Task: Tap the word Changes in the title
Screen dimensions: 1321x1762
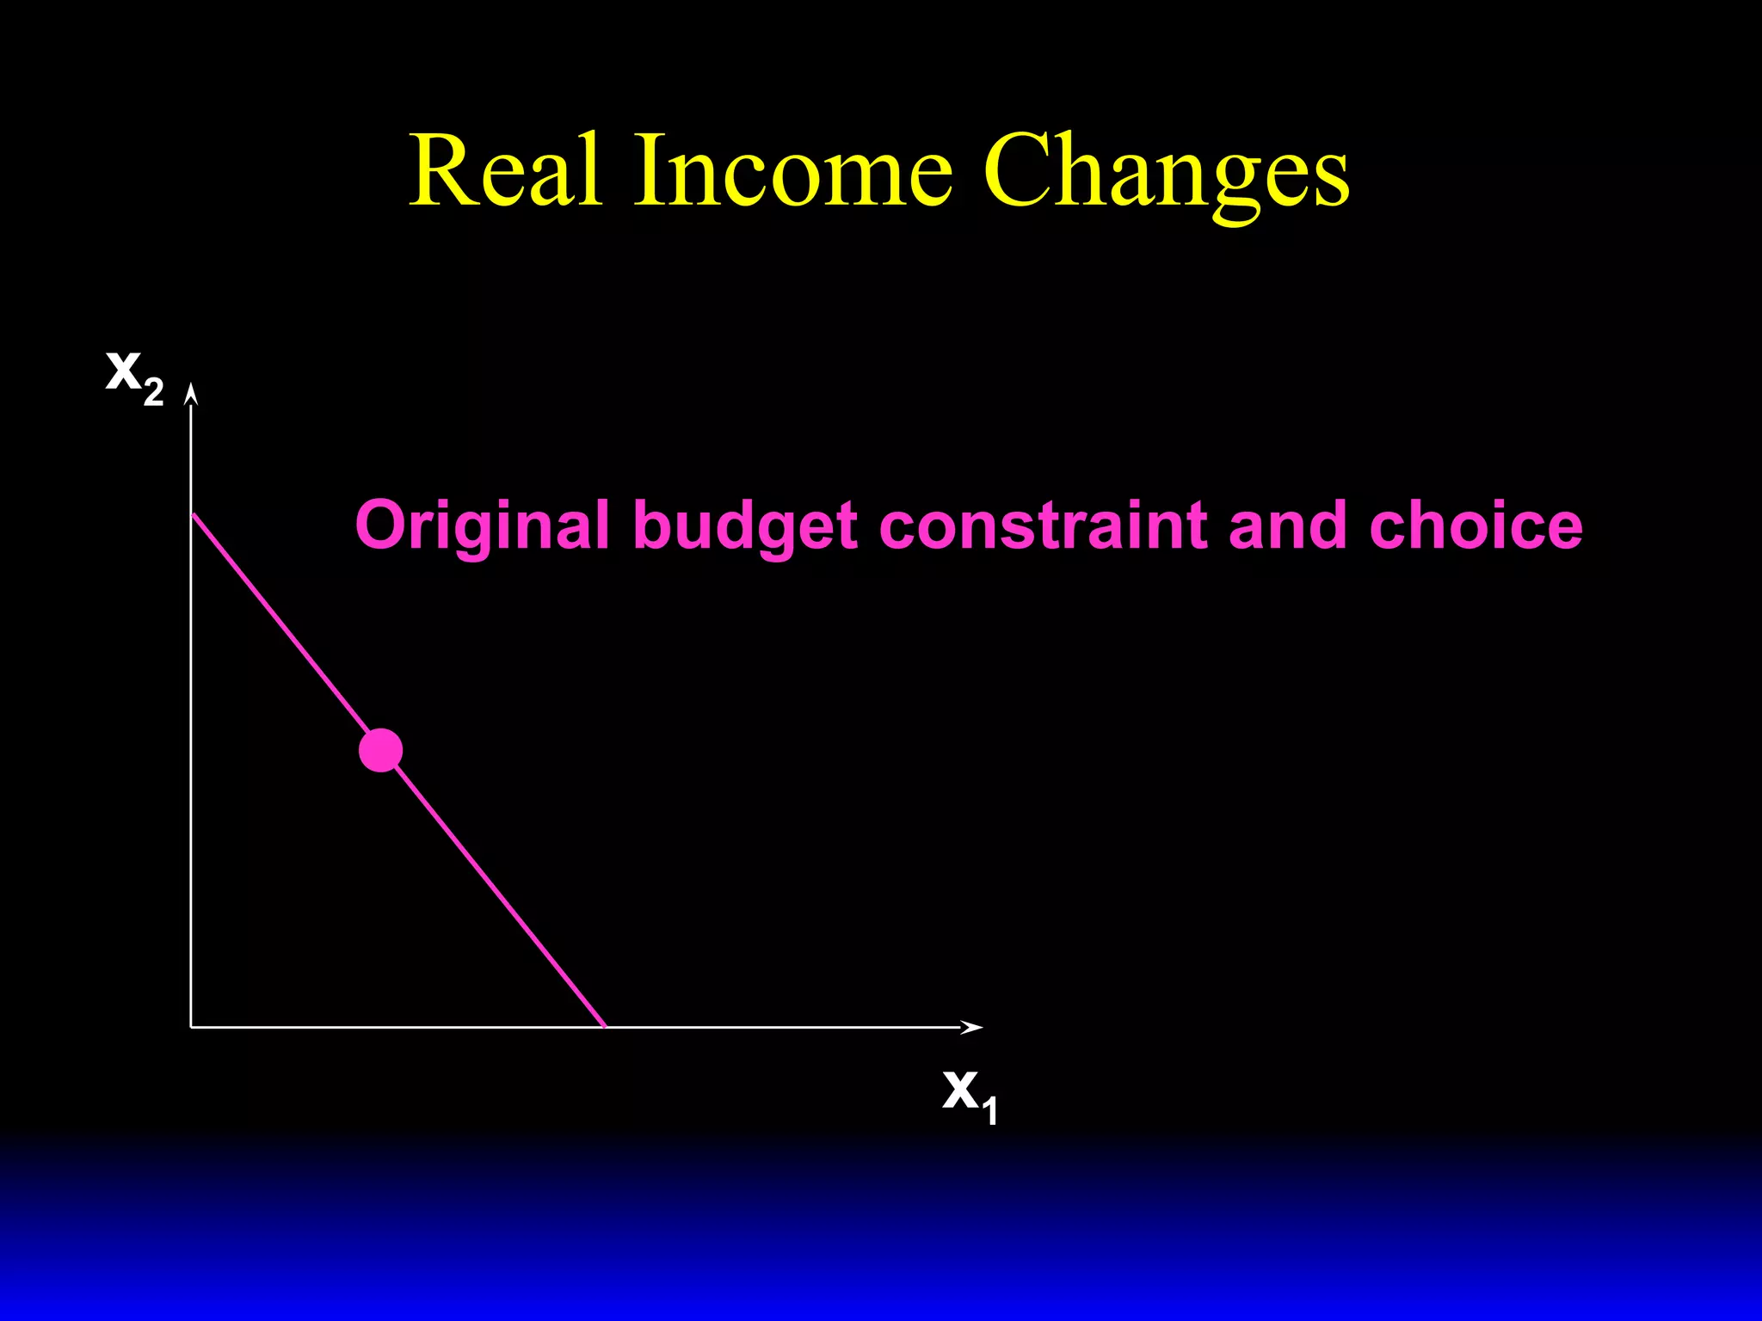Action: pos(1166,172)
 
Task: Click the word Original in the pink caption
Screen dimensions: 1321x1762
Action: pos(483,526)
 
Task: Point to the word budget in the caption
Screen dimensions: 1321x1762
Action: pos(745,526)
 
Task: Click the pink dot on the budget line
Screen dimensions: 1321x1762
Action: pos(380,750)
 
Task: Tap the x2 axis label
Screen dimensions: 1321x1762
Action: pos(133,377)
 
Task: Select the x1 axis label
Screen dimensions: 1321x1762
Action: pos(970,1095)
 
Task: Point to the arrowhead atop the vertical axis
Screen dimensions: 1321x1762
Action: pos(192,394)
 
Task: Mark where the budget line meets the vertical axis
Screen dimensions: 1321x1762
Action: pos(193,514)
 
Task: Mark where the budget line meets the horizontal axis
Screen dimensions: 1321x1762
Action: pos(605,1026)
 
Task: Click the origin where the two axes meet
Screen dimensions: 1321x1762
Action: pos(192,1026)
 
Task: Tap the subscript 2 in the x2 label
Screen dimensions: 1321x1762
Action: pos(153,392)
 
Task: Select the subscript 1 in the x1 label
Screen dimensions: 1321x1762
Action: pos(990,1110)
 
